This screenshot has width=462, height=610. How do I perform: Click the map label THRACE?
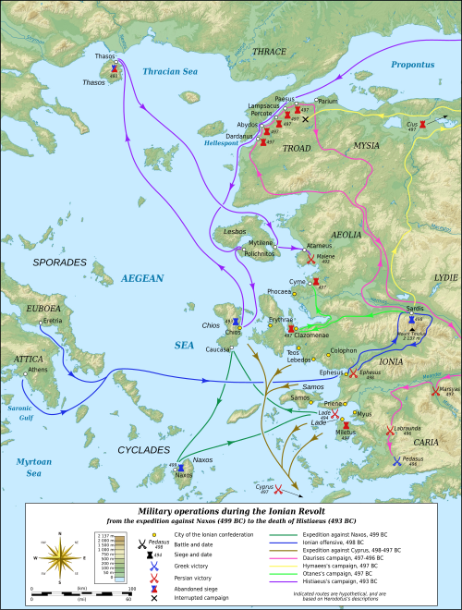(269, 52)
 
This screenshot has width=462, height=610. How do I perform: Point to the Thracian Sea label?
(173, 71)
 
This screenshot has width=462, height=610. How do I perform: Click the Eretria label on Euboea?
(52, 322)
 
